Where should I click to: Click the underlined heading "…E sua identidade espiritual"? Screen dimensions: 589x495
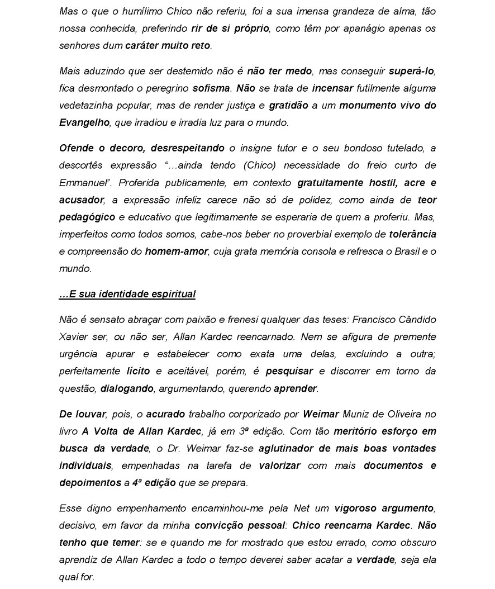coord(127,294)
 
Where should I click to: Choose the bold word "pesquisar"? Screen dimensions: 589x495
coord(289,370)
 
